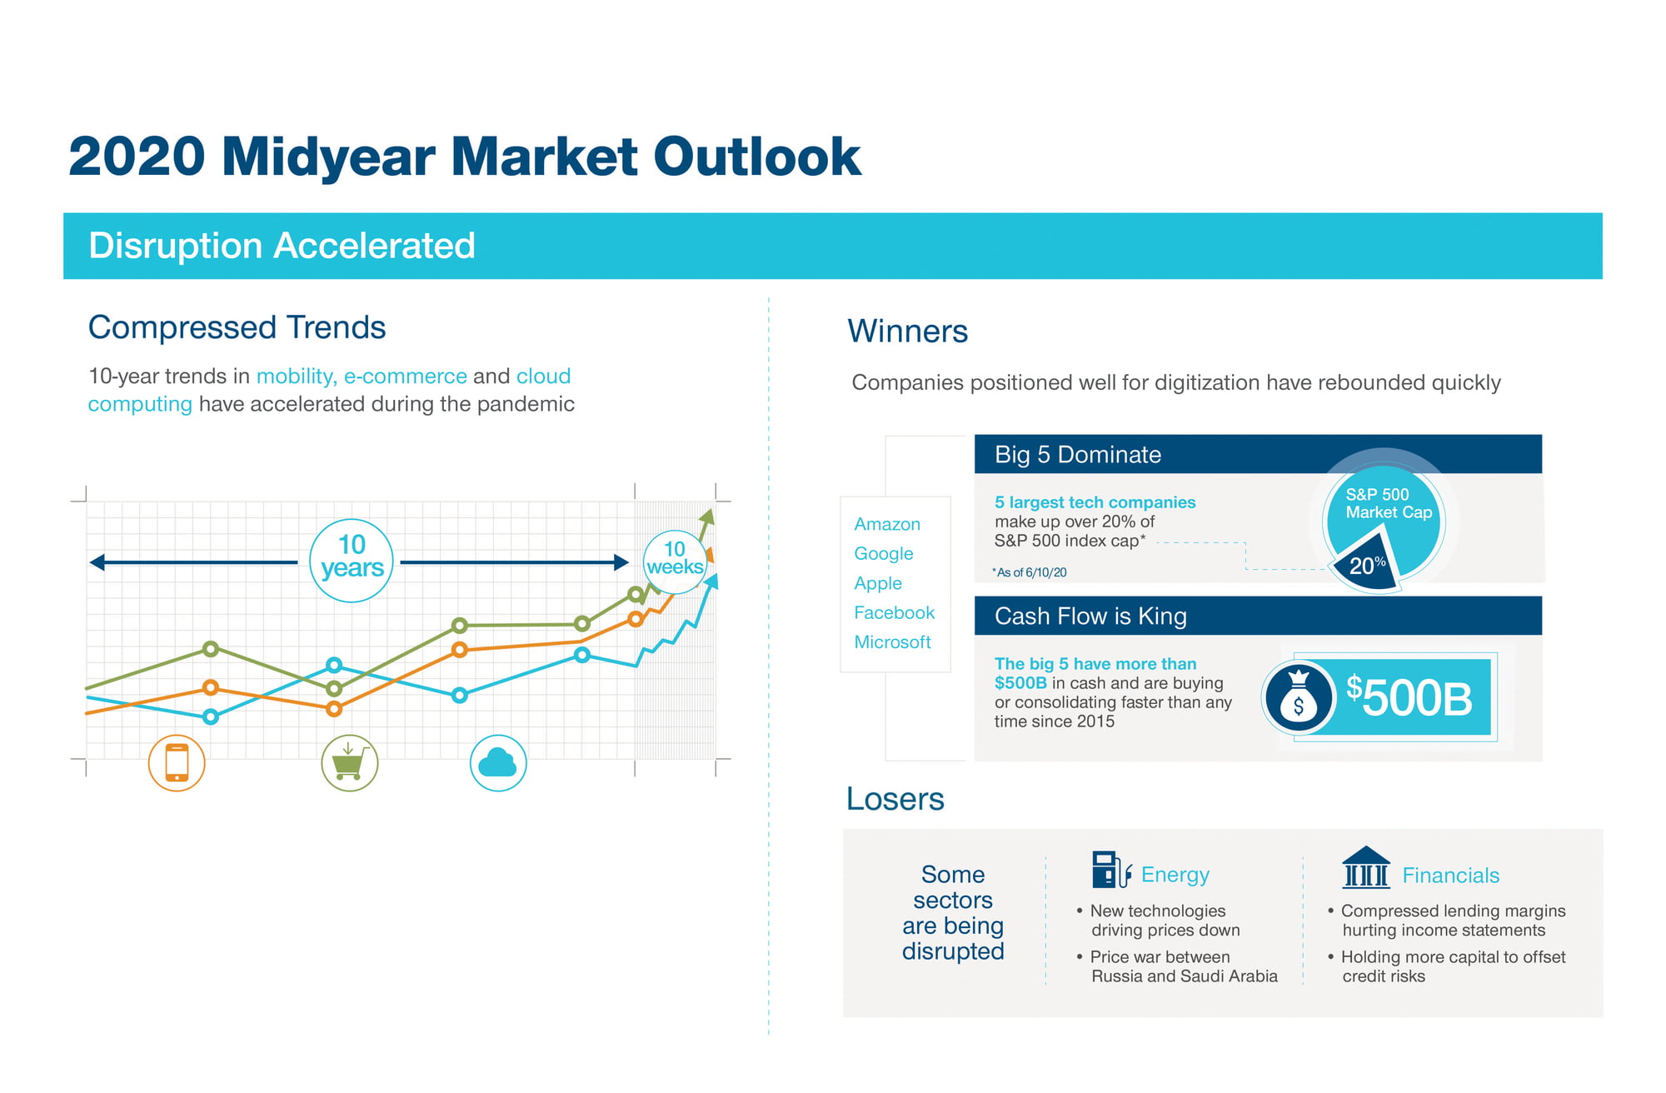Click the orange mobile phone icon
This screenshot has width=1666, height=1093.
(177, 762)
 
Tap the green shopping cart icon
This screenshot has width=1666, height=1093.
(350, 762)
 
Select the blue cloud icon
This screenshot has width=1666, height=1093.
(498, 762)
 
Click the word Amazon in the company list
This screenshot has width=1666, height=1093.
(887, 524)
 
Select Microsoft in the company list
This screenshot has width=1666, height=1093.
(892, 642)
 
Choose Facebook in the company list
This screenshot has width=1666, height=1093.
(895, 612)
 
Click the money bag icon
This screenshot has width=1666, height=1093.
(1298, 698)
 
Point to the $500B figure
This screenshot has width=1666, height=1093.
(1409, 697)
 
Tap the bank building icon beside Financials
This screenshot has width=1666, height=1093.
(1366, 867)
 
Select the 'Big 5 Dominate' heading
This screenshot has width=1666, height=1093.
(1078, 455)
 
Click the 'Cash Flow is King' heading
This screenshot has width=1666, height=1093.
(1090, 616)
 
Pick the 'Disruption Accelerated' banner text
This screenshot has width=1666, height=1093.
(282, 246)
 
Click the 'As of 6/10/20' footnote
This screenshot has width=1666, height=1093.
(1030, 572)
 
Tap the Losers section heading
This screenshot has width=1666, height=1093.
(895, 799)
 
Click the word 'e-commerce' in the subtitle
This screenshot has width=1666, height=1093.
(406, 376)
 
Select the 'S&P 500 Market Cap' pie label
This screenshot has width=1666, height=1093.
(1389, 503)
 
